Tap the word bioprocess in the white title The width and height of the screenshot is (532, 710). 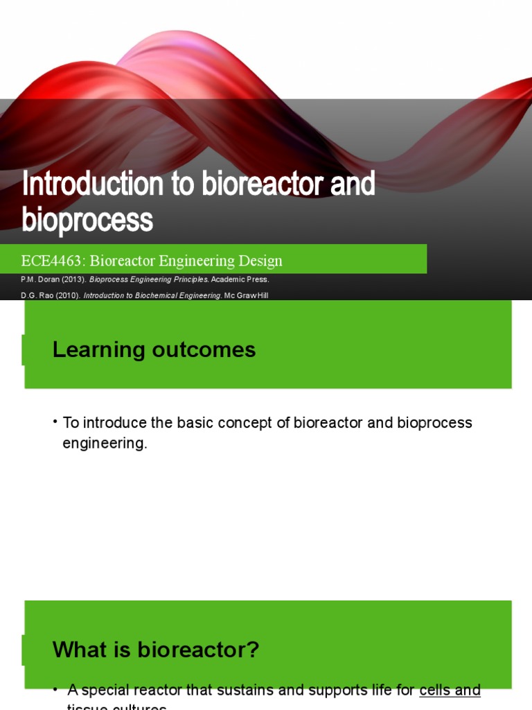87,220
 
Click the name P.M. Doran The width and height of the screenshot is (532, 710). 39,279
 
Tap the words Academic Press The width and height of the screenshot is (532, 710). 240,279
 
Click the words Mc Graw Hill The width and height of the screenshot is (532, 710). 246,295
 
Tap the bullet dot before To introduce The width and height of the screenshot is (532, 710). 55,422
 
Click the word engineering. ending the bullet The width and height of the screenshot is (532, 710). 105,443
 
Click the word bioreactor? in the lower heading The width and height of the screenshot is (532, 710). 199,650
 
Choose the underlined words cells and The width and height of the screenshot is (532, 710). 450,690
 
